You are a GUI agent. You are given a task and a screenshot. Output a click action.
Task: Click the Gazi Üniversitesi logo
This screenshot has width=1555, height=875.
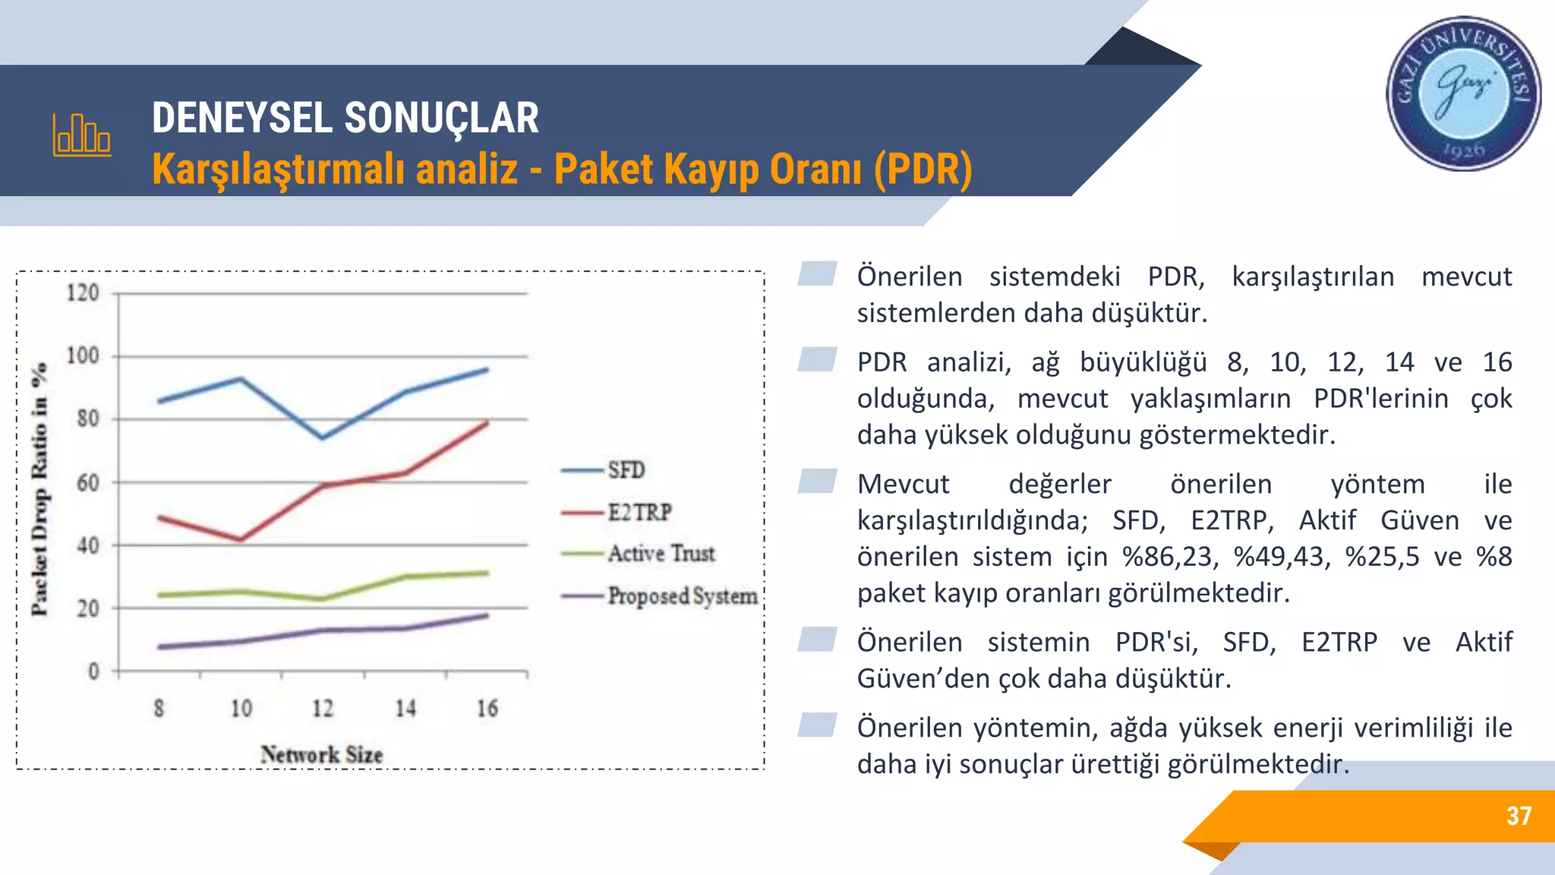(x=1463, y=93)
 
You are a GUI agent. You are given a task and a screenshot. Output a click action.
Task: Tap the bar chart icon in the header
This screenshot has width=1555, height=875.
(x=82, y=135)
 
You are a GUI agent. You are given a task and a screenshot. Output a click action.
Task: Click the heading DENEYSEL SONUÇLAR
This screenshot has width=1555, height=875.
(x=345, y=118)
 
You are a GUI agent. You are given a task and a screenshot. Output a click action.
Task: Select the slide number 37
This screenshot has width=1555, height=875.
(x=1519, y=816)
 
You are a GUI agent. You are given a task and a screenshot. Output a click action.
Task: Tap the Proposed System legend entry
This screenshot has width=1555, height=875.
(x=682, y=596)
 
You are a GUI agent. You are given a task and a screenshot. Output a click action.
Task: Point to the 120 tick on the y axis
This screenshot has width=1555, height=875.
(x=83, y=293)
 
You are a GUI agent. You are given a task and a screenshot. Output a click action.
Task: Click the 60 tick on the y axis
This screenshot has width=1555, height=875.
(x=87, y=482)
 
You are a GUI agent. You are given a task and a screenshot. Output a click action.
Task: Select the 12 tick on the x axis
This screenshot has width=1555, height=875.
(x=323, y=709)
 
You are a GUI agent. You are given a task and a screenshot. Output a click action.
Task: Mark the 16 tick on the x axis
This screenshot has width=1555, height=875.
(x=487, y=709)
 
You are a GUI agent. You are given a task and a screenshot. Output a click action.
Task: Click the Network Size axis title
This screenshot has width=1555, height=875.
(x=322, y=754)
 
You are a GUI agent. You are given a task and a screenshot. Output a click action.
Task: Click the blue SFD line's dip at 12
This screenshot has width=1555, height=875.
(x=323, y=438)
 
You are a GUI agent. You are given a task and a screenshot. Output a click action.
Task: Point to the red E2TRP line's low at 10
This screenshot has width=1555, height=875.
(x=241, y=539)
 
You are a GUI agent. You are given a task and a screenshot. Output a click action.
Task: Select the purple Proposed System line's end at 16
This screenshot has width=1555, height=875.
(x=487, y=615)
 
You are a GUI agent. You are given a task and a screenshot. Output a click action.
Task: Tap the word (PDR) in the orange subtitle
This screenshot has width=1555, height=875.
(x=923, y=169)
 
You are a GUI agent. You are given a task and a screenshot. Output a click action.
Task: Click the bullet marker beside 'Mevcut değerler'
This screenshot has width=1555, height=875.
(x=817, y=482)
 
